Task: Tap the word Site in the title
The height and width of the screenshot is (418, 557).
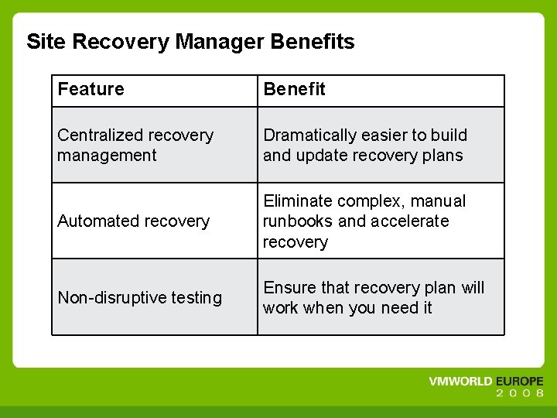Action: click(43, 42)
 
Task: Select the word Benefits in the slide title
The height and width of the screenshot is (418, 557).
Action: click(313, 42)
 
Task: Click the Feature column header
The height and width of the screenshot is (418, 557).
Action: click(91, 90)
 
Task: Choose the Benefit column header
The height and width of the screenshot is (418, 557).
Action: click(294, 90)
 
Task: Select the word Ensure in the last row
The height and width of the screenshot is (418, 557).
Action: click(289, 288)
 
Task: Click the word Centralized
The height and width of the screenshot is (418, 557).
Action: click(101, 135)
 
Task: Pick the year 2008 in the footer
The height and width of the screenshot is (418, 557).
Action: click(520, 394)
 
